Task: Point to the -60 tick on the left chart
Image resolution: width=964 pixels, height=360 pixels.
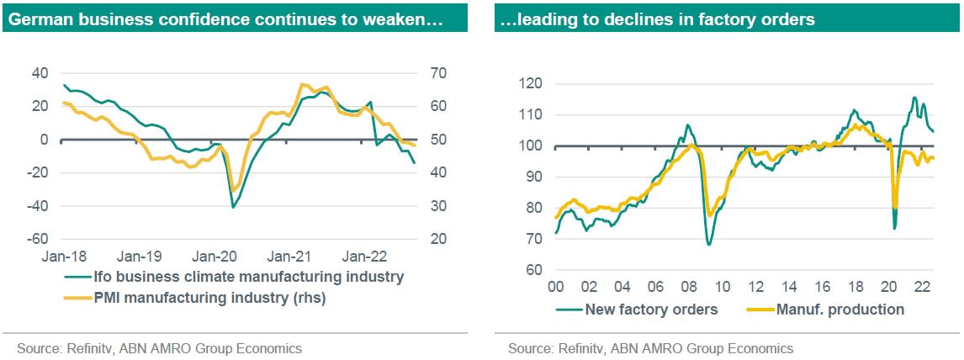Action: tap(39, 239)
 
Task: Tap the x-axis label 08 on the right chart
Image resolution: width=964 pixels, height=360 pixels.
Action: tap(688, 286)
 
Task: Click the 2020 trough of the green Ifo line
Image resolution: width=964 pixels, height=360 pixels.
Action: tap(233, 206)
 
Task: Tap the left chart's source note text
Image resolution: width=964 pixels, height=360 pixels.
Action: tap(159, 347)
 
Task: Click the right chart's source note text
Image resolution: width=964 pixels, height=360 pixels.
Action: tap(650, 347)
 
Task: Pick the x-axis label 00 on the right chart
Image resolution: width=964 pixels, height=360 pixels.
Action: tap(556, 286)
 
